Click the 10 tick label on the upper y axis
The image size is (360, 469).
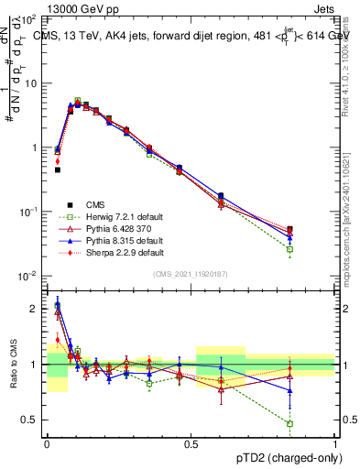[31, 83]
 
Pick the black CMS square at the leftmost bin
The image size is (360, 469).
[58, 169]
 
